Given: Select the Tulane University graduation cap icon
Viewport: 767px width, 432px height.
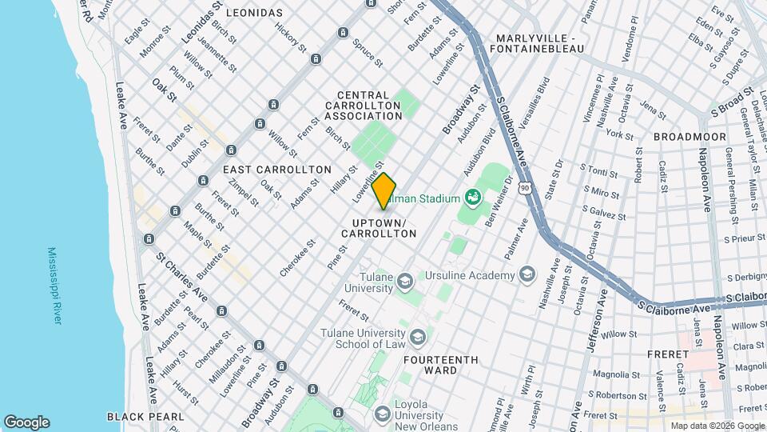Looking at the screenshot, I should (x=405, y=281).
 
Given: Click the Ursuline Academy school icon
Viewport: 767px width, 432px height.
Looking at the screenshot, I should (x=527, y=275).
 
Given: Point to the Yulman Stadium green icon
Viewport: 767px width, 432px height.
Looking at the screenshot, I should (x=472, y=198).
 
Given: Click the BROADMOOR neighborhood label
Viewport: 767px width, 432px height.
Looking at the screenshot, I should (x=690, y=137).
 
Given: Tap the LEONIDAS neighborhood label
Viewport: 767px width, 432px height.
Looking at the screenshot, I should (x=254, y=13).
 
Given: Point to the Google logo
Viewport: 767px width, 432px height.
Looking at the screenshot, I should (x=26, y=422).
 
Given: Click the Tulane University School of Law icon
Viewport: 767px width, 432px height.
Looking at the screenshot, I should (x=416, y=338).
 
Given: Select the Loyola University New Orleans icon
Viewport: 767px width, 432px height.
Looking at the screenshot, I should (x=383, y=413).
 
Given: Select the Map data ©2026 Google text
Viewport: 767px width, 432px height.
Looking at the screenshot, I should (x=716, y=426).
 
